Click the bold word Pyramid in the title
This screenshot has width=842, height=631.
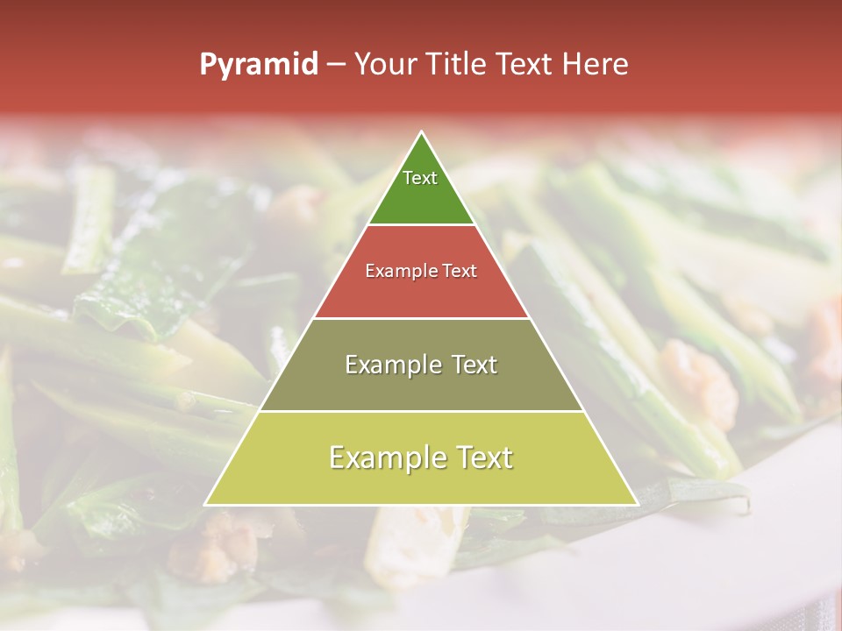click(x=259, y=65)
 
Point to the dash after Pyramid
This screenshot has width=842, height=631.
click(x=335, y=65)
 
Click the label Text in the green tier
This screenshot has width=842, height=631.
click(x=420, y=178)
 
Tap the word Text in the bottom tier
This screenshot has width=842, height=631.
click(x=482, y=457)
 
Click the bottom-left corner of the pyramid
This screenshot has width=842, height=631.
click(x=205, y=505)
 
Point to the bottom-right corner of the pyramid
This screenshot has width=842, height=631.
click(x=638, y=505)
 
